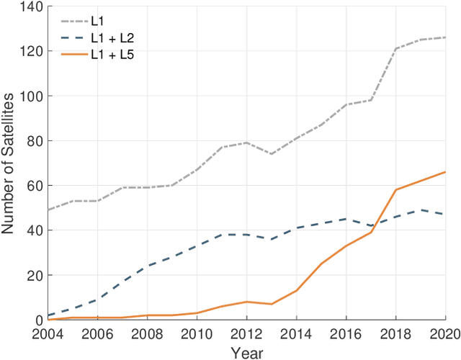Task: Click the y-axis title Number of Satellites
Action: coord(9,163)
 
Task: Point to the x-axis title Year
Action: coord(246,353)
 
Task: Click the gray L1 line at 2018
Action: coord(396,49)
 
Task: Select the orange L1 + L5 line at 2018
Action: coord(396,190)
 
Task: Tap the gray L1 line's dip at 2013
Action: coord(272,154)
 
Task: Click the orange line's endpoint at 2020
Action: coord(446,172)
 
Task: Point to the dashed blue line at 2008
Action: coord(147,266)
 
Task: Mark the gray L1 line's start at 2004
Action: coord(48,210)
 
